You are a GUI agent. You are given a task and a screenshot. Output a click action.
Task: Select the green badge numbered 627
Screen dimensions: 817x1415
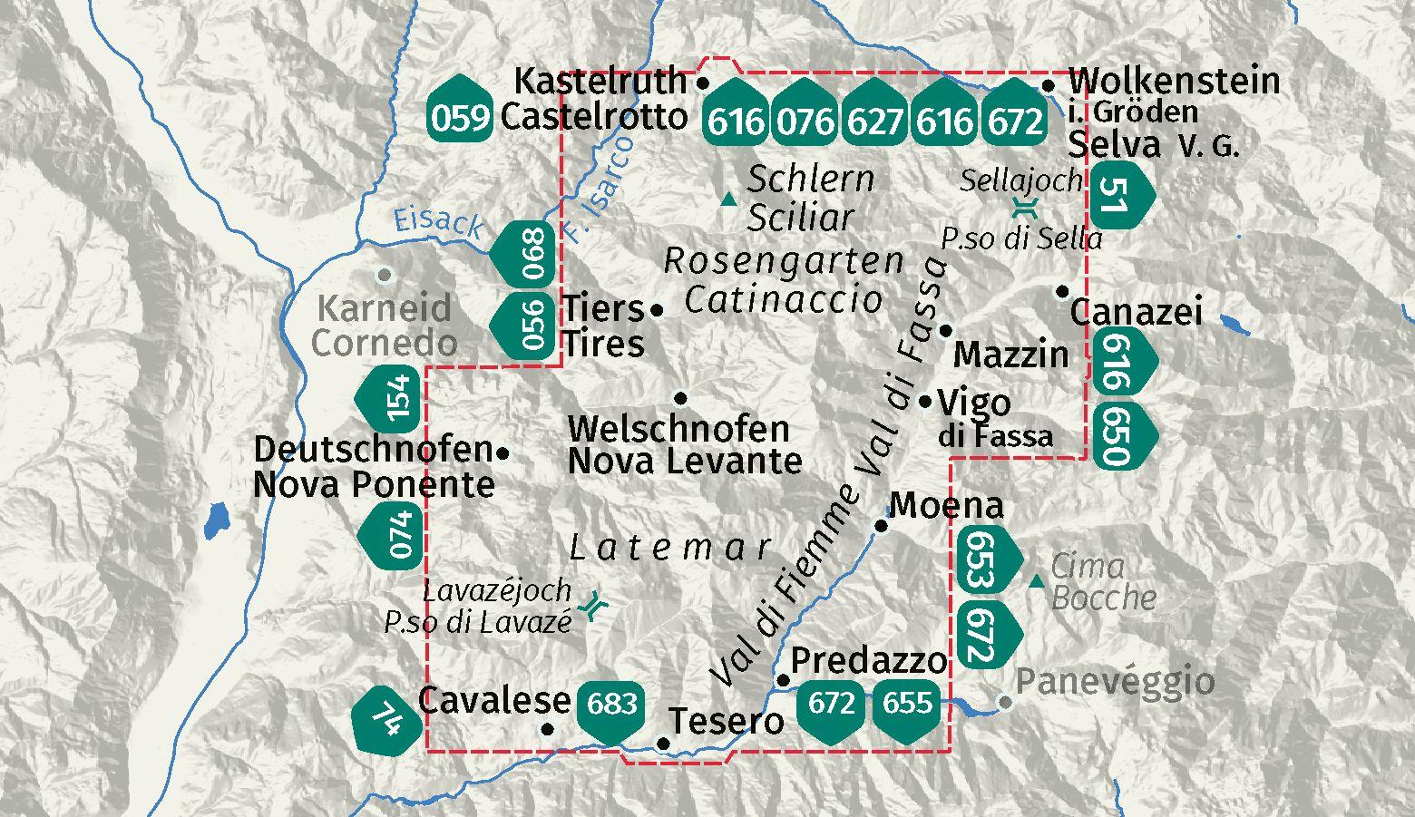point(875,119)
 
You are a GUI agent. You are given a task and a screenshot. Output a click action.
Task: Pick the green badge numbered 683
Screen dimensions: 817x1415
point(612,704)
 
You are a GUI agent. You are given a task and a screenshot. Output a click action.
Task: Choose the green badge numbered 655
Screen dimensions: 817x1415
point(907,704)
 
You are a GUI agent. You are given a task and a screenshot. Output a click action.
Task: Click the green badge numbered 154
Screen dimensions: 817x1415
point(395,399)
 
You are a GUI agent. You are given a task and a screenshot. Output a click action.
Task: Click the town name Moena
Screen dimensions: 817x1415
point(946,505)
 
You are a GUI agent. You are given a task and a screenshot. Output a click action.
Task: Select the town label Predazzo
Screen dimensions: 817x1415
point(869,661)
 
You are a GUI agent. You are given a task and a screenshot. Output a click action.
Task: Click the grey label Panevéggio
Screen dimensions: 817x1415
point(1115,680)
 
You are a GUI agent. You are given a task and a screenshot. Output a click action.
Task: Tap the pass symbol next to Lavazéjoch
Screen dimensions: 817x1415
point(595,606)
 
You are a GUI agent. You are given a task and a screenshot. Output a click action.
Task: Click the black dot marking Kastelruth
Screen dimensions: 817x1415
point(702,83)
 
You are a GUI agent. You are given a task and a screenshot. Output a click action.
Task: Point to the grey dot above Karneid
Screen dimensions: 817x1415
point(385,274)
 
